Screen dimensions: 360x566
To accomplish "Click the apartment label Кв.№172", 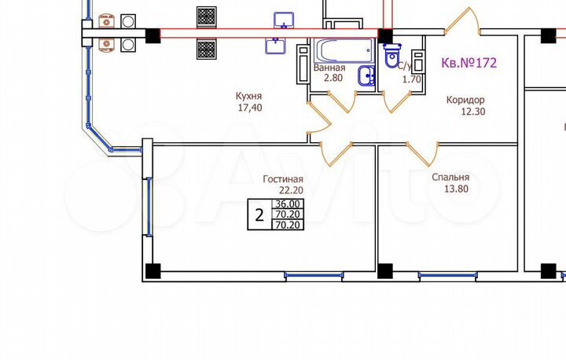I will click(x=469, y=61).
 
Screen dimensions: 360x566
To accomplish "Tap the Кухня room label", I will click(x=248, y=97).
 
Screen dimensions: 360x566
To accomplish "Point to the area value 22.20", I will click(x=290, y=189).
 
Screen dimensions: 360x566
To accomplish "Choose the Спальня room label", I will click(x=450, y=178).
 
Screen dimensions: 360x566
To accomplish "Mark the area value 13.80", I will click(x=450, y=189).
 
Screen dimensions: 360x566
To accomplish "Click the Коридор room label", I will click(x=465, y=100).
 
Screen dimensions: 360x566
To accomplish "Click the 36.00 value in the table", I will click(x=287, y=204).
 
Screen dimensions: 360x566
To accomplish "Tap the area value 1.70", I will click(x=413, y=79).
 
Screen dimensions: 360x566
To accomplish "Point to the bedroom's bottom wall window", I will click(x=443, y=275).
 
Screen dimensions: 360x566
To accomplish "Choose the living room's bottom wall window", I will click(x=307, y=275).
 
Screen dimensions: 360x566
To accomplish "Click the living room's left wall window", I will click(x=148, y=206).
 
